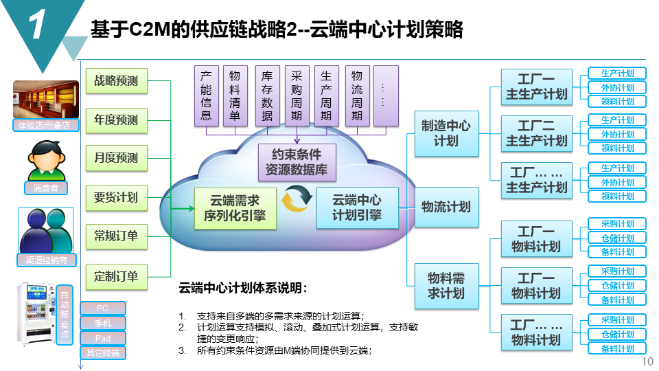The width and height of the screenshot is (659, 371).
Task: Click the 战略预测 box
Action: [x=116, y=80]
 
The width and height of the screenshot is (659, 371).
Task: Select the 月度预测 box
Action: [x=116, y=157]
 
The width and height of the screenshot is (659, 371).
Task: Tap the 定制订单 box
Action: [x=116, y=277]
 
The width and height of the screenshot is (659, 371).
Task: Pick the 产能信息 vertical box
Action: [x=206, y=95]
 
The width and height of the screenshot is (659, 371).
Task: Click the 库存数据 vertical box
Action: [x=267, y=95]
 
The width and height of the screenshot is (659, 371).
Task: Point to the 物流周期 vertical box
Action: [x=356, y=95]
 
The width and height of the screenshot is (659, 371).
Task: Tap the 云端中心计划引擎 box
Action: [x=356, y=207]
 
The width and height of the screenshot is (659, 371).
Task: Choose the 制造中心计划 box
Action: [x=446, y=133]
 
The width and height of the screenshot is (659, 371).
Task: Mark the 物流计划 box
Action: [x=446, y=207]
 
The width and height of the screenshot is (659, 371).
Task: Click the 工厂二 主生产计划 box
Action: [x=536, y=133]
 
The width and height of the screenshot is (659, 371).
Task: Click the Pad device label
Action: [x=103, y=338]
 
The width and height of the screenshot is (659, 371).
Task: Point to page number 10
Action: [x=646, y=362]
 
